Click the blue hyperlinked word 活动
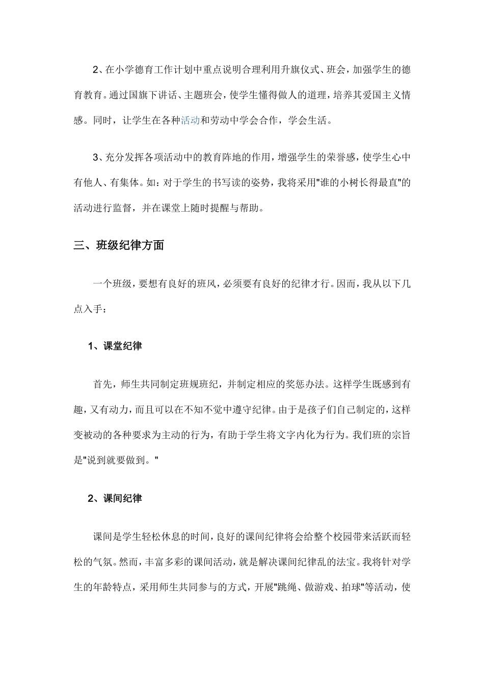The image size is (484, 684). click(x=190, y=121)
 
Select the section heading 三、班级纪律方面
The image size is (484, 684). click(x=119, y=245)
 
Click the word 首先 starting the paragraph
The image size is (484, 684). click(x=103, y=385)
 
